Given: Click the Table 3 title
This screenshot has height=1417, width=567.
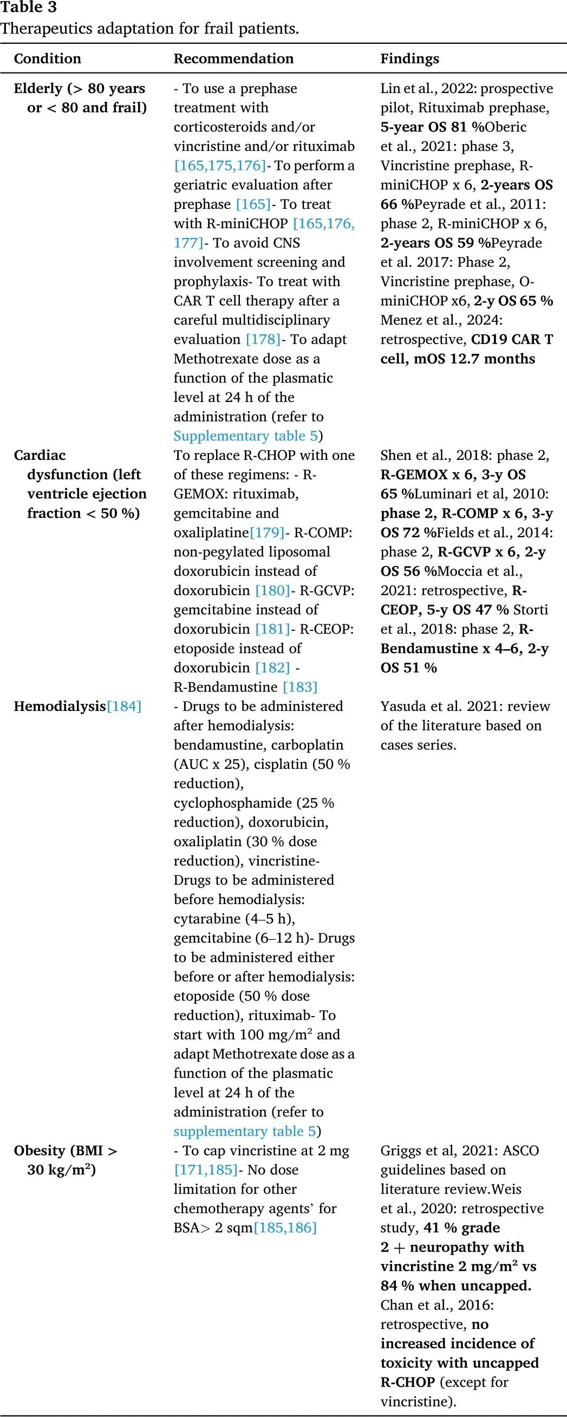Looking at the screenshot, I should tap(29, 8).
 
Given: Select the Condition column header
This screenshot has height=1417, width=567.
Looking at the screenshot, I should tap(47, 59).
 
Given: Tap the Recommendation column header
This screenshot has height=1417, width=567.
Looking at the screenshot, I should tap(233, 59).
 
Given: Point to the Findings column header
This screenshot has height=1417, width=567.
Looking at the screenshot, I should tap(409, 59).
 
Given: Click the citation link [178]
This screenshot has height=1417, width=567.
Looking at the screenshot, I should tap(263, 339).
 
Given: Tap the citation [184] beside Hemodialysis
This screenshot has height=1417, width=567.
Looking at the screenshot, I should tap(124, 706).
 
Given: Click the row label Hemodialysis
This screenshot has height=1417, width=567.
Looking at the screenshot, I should tap(60, 706).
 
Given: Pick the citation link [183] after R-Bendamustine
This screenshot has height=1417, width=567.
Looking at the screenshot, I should tap(299, 687).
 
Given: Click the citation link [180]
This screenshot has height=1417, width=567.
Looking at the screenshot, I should tap(272, 590).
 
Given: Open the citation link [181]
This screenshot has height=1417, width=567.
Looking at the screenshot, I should tap(272, 629).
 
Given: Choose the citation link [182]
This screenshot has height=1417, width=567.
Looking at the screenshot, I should tap(272, 667).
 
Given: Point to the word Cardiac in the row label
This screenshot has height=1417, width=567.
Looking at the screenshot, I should tap(40, 456).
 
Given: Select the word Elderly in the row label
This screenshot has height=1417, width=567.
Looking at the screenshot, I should tap(38, 89).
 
